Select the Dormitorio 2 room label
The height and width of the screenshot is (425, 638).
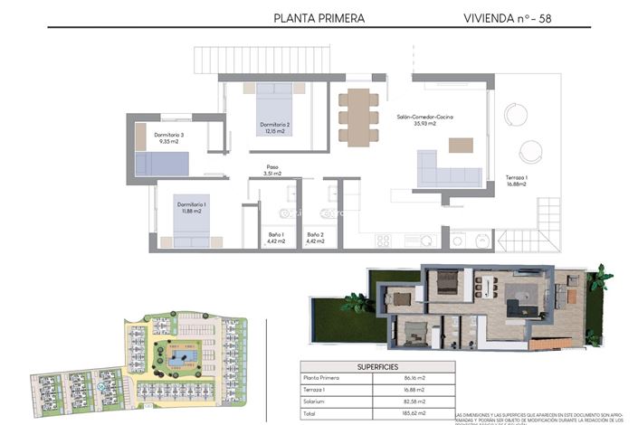click(274, 127)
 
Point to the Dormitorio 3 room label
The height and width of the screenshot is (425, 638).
click(169, 138)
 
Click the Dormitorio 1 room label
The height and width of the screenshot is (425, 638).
click(192, 208)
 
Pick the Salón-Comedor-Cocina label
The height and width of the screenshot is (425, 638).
click(425, 120)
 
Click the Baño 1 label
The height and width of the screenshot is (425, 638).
click(276, 238)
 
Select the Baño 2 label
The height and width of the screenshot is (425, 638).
click(315, 238)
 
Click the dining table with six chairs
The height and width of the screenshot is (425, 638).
click(358, 116)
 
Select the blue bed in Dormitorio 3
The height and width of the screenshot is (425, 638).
click(162, 163)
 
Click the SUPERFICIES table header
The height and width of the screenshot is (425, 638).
click(376, 366)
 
